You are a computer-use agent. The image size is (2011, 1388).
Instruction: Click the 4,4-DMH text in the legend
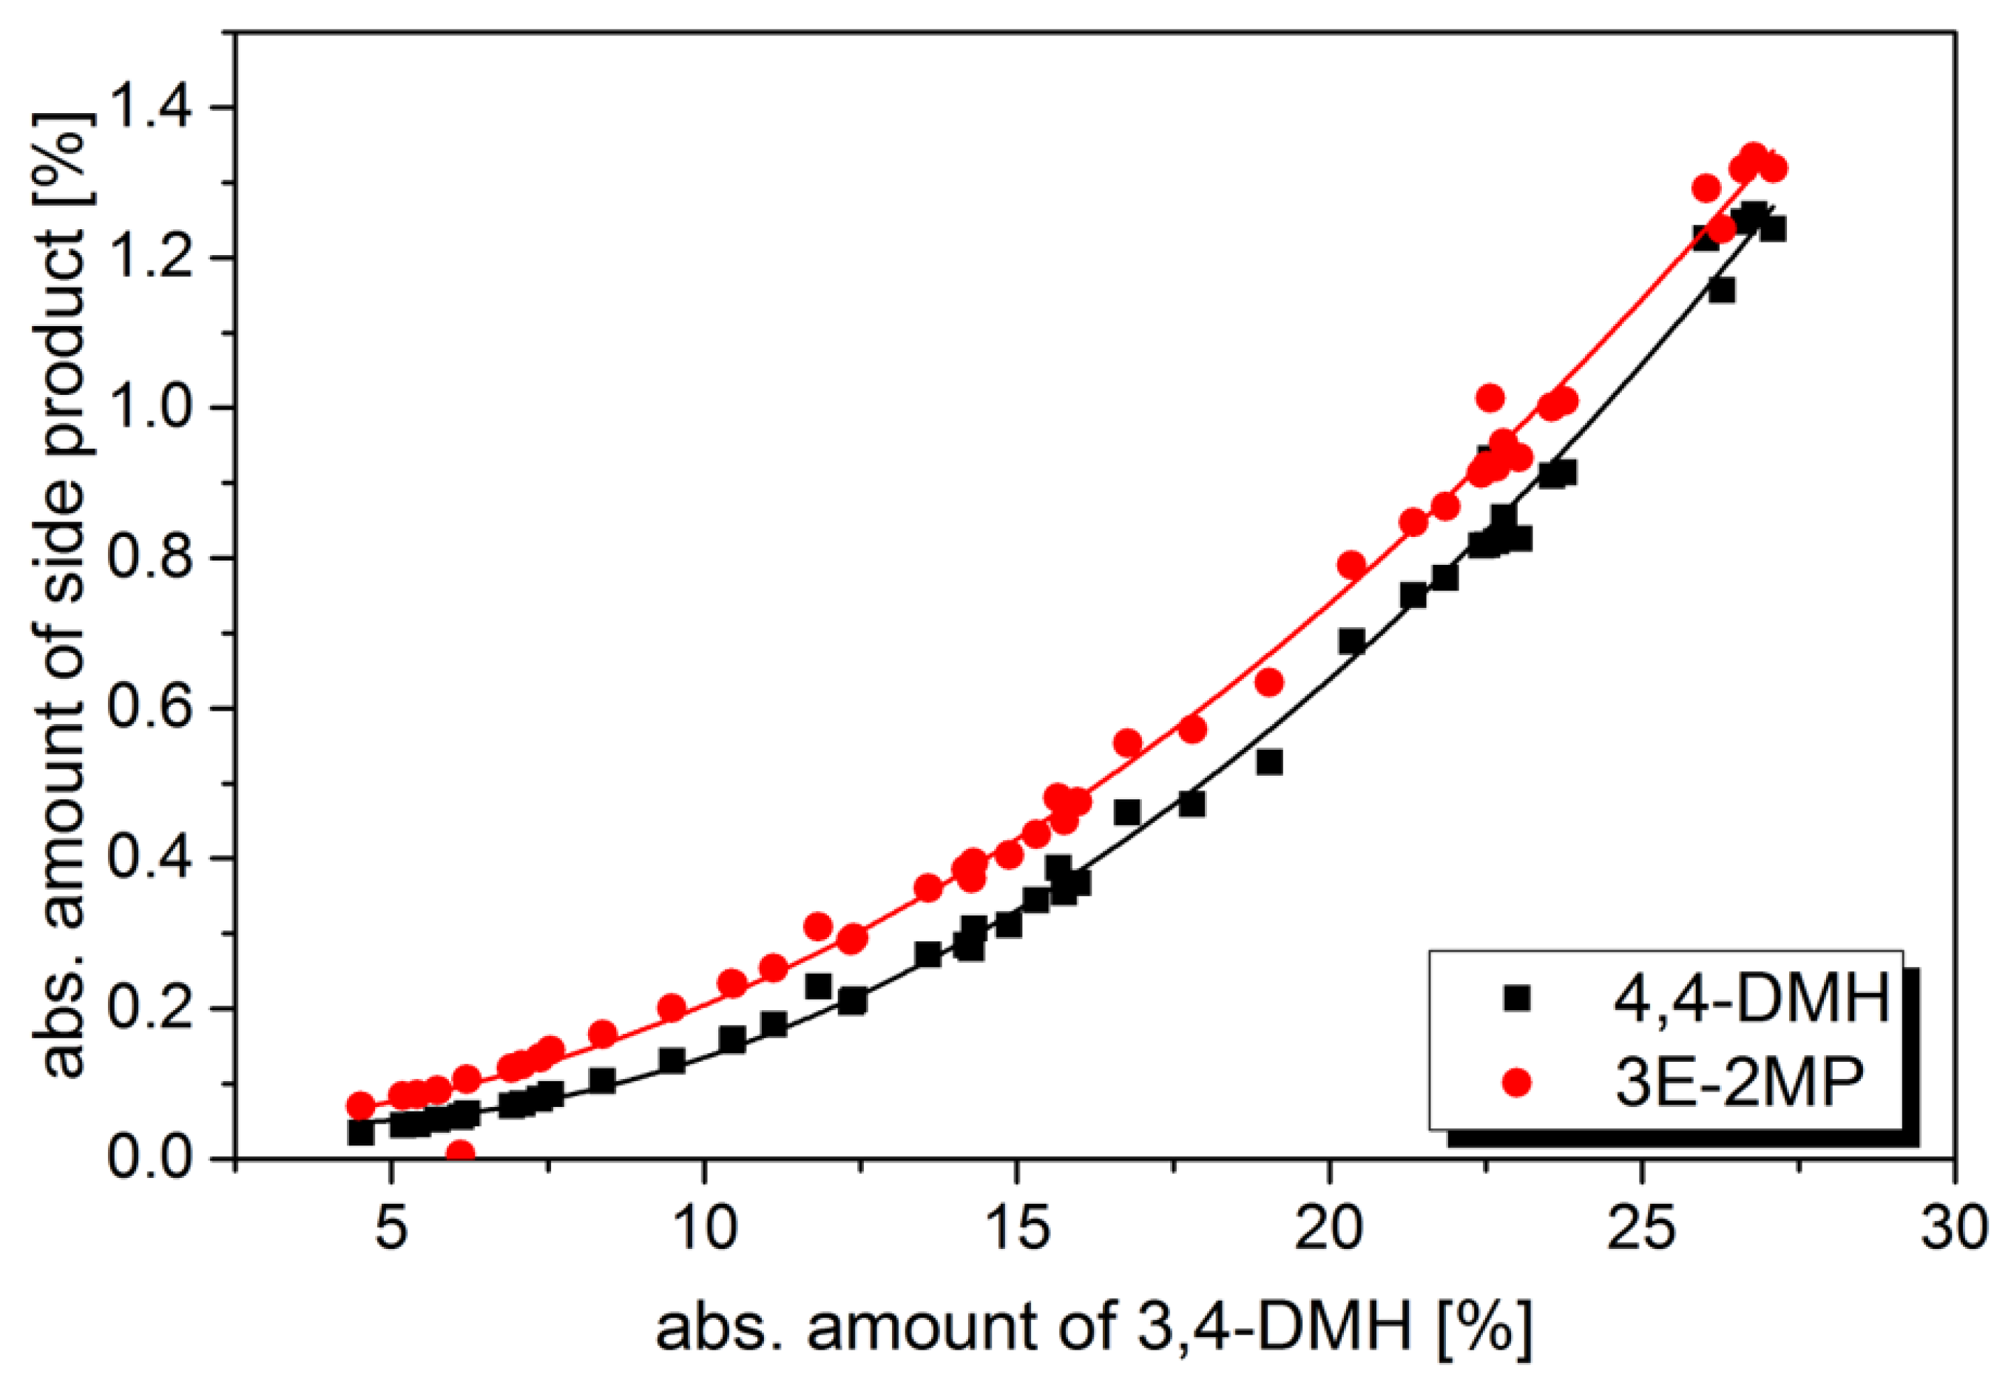click(1751, 998)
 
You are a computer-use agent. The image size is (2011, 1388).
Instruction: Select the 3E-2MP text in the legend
click(1739, 1083)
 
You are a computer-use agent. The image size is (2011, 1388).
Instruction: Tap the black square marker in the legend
click(1516, 998)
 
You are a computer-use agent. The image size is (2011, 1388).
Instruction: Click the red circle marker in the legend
click(1516, 1082)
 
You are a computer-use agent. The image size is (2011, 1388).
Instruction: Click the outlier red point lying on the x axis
click(459, 1153)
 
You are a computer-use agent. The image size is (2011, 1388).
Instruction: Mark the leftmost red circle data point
click(360, 1106)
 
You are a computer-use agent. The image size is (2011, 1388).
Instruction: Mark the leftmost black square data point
click(360, 1132)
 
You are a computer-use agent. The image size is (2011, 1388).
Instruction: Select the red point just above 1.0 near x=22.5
click(1490, 397)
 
